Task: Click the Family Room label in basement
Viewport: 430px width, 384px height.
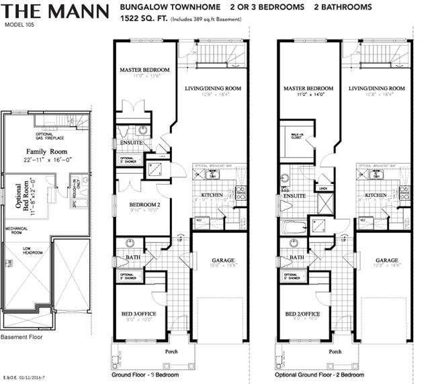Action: [x=44, y=152]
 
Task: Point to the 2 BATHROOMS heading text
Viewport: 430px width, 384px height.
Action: [x=343, y=7]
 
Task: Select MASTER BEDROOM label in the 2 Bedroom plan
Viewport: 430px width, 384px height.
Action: [x=308, y=88]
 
